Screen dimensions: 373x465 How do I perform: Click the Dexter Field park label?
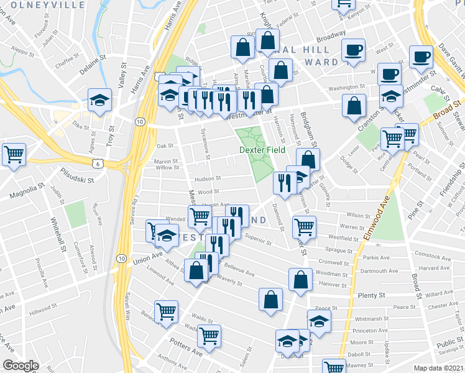click(263, 150)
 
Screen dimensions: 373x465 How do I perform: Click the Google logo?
click(21, 366)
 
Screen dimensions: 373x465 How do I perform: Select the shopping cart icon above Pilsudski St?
click(14, 154)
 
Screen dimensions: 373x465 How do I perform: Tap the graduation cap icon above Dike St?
click(99, 100)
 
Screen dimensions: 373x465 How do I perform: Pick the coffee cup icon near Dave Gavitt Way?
click(421, 55)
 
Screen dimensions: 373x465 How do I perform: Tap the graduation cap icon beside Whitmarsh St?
click(319, 321)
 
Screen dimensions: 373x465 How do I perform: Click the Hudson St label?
click(209, 178)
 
